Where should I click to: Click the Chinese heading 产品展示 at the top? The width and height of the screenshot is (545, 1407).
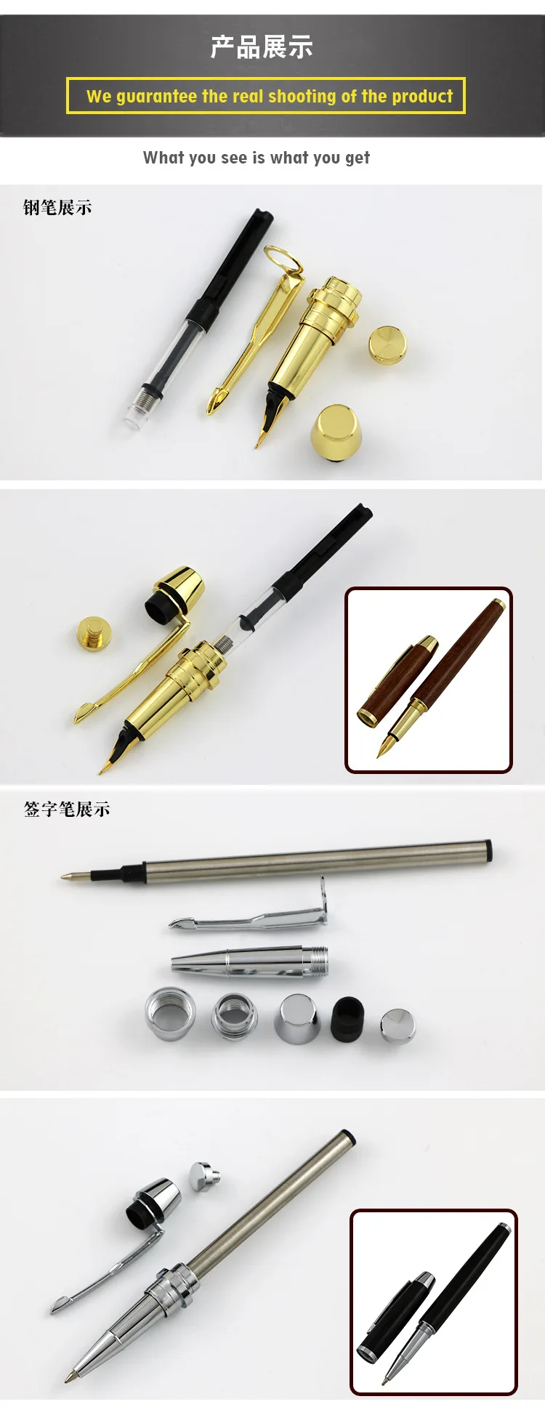pyautogui.click(x=262, y=47)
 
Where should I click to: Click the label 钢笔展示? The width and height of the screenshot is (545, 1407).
pyautogui.click(x=57, y=208)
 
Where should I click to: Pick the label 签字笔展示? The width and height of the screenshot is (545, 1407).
pyautogui.click(x=67, y=809)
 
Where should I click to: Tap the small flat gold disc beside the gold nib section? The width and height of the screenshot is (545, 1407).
pyautogui.click(x=387, y=344)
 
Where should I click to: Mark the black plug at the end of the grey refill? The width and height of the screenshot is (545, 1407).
pyautogui.click(x=488, y=849)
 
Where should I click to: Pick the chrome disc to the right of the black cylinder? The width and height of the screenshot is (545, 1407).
pyautogui.click(x=397, y=1025)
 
